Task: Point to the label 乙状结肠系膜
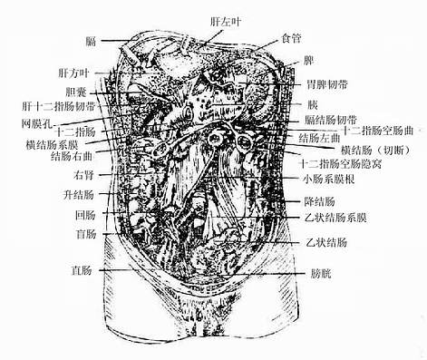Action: (x=336, y=219)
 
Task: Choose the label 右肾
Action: (x=84, y=174)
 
